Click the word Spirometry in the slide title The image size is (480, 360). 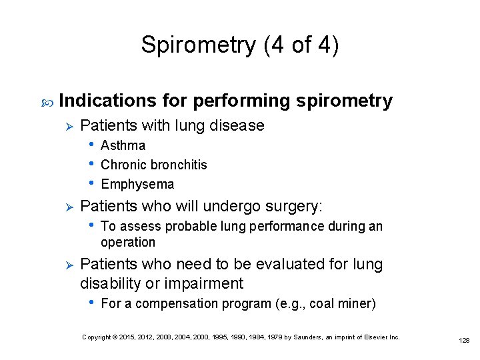click(198, 45)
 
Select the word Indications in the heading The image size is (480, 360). click(109, 101)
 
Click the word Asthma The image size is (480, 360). click(123, 145)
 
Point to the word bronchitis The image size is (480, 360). click(179, 165)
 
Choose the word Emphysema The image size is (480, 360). click(137, 184)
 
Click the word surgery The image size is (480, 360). click(301, 206)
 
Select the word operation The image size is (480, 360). click(128, 242)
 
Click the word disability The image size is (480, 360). click(111, 283)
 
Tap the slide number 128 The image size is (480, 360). click(464, 340)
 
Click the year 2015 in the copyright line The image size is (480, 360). click(131, 337)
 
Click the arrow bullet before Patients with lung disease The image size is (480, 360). click(66, 125)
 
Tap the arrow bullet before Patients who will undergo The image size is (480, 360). click(66, 206)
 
